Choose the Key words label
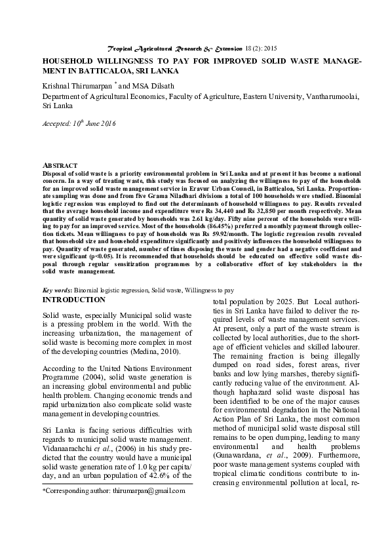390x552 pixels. pos(57,289)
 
